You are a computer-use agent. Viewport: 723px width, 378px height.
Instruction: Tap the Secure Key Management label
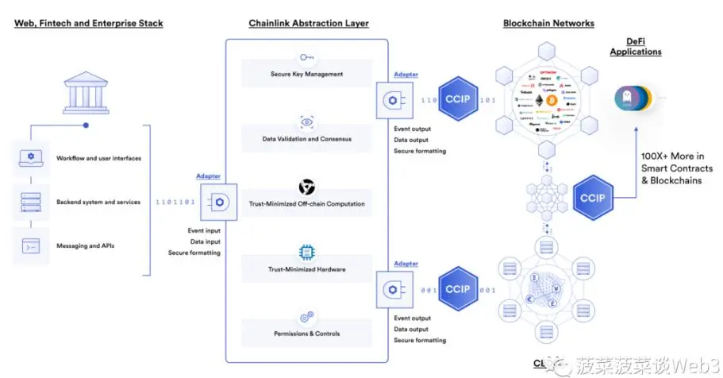pyautogui.click(x=306, y=75)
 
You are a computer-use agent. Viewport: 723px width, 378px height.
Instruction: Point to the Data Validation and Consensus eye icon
pyautogui.click(x=306, y=122)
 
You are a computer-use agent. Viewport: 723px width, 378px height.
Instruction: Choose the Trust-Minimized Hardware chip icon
pyautogui.click(x=306, y=253)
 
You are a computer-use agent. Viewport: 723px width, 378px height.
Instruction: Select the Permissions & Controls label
pyautogui.click(x=306, y=334)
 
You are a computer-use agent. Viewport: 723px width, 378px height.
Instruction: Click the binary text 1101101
pyautogui.click(x=175, y=202)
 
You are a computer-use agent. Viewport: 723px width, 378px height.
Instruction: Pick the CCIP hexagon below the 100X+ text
pyautogui.click(x=593, y=197)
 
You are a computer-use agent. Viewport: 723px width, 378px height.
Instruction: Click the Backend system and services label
pyautogui.click(x=98, y=202)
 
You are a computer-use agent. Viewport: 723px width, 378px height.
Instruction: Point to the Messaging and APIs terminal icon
pyautogui.click(x=31, y=245)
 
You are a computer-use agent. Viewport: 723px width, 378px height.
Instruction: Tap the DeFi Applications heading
pyautogui.click(x=635, y=47)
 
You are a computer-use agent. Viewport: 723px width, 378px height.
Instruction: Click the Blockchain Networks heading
pyautogui.click(x=548, y=23)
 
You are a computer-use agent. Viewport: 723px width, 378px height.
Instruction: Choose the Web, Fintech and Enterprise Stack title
pyautogui.click(x=89, y=23)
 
